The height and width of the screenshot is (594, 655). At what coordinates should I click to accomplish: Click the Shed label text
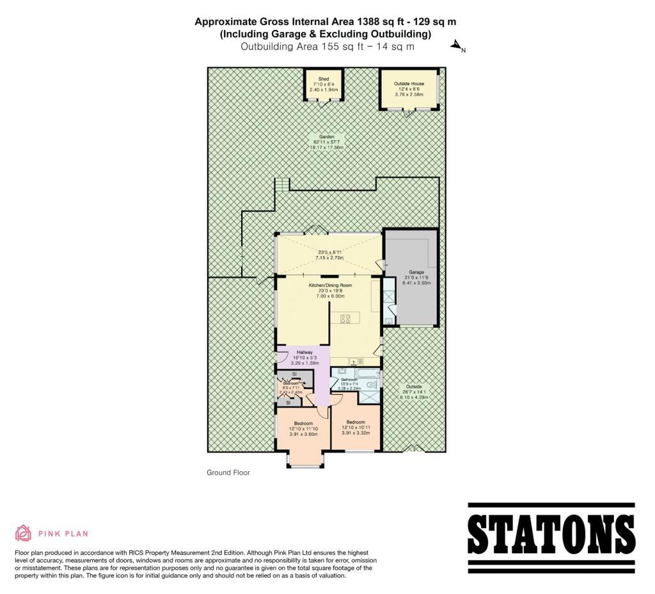[323, 79]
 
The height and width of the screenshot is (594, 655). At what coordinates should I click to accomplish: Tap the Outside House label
[409, 84]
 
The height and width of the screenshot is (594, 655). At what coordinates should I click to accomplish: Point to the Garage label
[416, 273]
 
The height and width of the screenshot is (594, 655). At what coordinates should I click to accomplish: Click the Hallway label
[304, 352]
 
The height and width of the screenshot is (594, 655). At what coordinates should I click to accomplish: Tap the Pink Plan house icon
[23, 533]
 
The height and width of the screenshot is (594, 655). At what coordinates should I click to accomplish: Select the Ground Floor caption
[228, 473]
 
